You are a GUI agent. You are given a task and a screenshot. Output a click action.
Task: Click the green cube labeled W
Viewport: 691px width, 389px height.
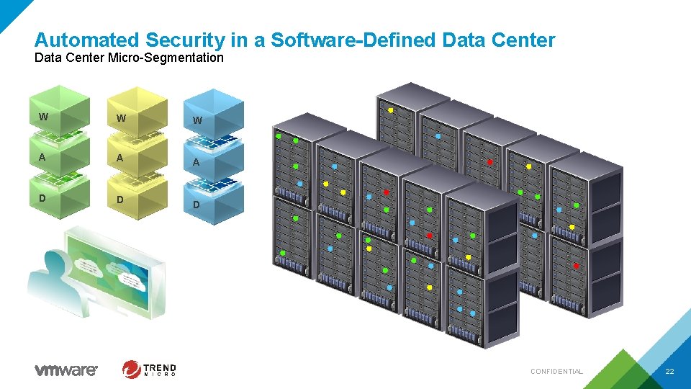[59, 115]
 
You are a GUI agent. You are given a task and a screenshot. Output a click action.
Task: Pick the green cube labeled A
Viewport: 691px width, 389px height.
[59, 157]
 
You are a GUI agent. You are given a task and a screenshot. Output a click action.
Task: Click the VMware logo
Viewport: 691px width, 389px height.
[66, 370]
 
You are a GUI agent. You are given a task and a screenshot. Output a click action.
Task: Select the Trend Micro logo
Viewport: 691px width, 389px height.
[149, 370]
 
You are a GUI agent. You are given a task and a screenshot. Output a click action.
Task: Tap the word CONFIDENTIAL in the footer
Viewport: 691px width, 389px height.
[556, 372]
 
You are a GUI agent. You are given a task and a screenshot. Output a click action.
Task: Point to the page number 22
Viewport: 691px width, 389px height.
[669, 371]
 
